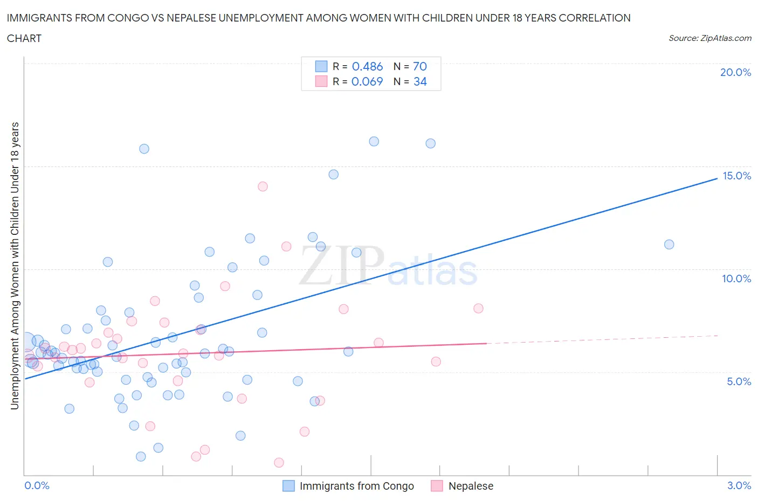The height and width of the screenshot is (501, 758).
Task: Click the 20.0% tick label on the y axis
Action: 735,72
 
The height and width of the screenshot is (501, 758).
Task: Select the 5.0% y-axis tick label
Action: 739,381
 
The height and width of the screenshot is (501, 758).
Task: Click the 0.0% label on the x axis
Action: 37,485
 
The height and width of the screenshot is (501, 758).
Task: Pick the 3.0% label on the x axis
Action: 739,485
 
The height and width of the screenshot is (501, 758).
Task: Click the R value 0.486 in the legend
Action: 367,66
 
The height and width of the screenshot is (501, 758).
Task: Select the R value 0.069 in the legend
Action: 367,81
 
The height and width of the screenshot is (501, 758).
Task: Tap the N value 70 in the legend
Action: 419,66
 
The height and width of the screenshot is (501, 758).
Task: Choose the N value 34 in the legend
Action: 419,81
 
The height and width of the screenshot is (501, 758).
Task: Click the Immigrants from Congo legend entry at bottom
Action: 349,486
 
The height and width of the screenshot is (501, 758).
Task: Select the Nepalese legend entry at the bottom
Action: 463,486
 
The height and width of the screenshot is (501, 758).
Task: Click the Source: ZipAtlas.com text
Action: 709,38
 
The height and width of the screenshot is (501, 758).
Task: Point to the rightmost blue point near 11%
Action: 669,245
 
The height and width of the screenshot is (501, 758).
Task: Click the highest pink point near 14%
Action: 263,186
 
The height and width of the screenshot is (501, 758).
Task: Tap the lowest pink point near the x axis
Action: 279,463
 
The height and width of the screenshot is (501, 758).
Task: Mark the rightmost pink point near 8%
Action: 478,309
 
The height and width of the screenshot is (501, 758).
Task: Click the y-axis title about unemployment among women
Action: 15,266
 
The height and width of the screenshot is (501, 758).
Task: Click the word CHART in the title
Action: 24,38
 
